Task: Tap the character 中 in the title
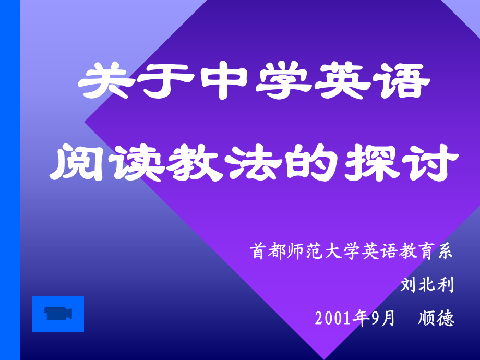224,80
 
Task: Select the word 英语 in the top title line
372,80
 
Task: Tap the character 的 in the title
311,163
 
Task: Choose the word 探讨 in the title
401,163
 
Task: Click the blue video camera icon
58,314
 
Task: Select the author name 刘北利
427,285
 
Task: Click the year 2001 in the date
333,318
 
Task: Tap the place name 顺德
436,318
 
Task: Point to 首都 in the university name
268,251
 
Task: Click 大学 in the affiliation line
343,251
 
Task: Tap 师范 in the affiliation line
305,251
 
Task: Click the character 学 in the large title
283,80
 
